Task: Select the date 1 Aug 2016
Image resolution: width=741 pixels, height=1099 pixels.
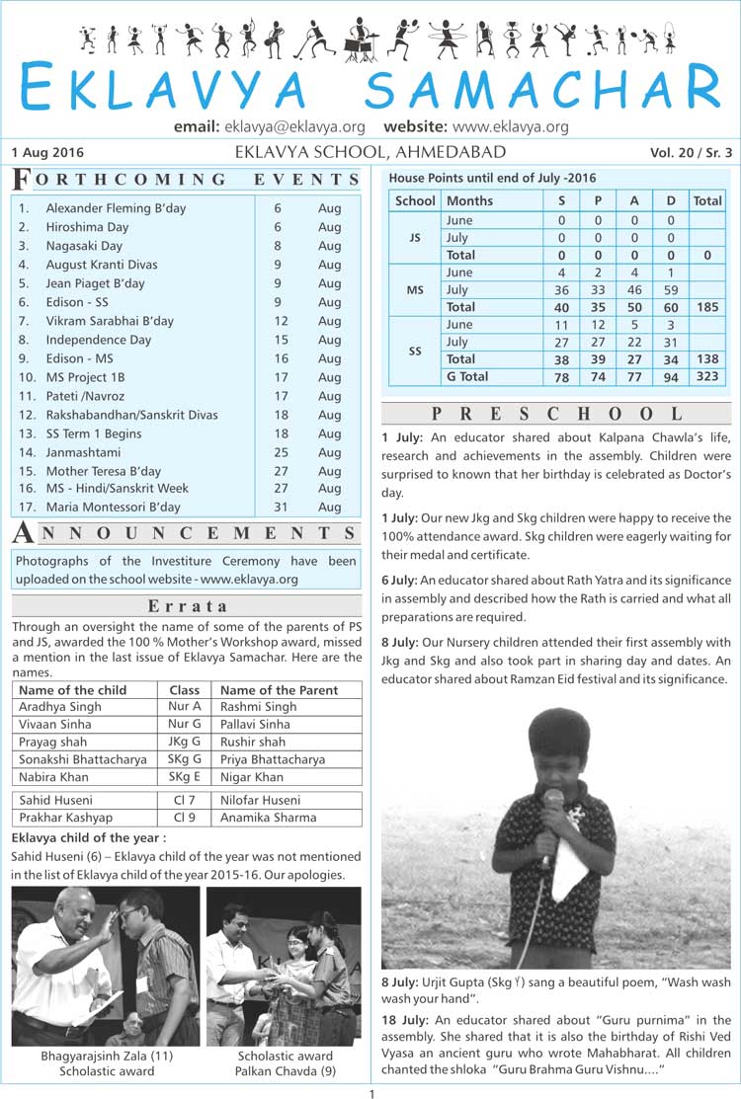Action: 47,153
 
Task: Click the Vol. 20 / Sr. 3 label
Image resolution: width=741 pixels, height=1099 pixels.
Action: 691,153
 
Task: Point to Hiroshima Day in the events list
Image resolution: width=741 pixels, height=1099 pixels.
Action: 87,227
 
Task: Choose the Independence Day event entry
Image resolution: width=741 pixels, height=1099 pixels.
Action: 98,340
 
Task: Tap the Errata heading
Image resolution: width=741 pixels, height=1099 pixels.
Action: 187,606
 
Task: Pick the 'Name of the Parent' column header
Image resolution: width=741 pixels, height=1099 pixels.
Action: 279,690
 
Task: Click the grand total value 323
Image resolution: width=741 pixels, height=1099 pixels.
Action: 706,377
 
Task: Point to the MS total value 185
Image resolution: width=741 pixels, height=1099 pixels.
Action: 706,308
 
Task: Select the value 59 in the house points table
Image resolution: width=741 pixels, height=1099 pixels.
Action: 671,290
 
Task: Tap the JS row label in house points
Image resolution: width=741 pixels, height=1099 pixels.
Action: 415,238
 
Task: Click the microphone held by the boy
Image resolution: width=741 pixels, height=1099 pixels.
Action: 553,800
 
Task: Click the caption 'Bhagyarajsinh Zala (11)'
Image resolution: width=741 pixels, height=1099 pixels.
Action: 107,1056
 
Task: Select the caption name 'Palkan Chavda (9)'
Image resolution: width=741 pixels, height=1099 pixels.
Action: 284,1070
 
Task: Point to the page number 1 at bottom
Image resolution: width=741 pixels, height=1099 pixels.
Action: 370,1092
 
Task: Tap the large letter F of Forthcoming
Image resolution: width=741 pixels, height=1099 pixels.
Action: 21,180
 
